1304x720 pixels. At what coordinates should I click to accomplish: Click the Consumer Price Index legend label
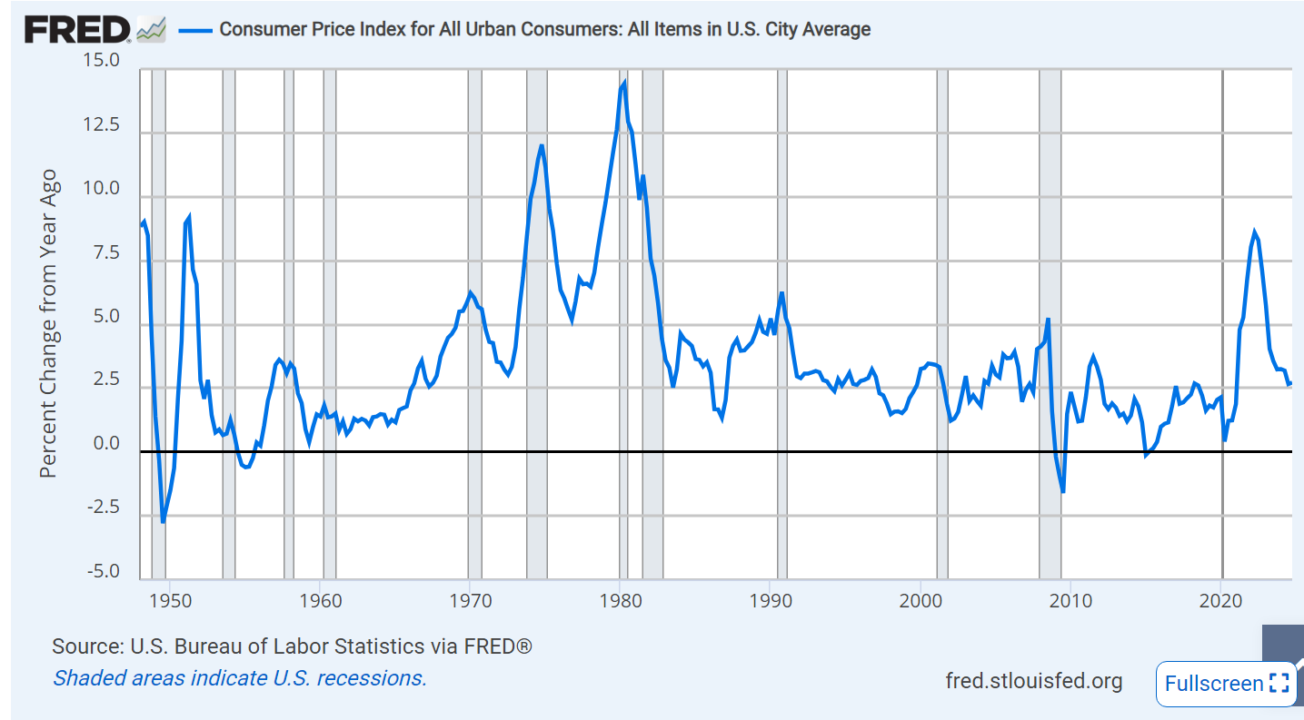(544, 29)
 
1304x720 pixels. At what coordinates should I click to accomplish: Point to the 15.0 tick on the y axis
(102, 61)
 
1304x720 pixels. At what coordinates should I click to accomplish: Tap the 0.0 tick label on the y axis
(105, 444)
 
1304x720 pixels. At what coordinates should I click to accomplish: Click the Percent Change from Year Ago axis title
(49, 323)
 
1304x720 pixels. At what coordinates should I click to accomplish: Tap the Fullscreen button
(1226, 684)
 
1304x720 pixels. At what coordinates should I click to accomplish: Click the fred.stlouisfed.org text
(1033, 681)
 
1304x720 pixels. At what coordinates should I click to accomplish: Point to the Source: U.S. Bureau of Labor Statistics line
(292, 646)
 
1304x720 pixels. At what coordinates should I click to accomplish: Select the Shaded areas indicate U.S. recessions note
(240, 677)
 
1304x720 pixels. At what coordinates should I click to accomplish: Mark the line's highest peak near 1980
(623, 84)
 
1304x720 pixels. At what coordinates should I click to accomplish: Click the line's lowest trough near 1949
(164, 522)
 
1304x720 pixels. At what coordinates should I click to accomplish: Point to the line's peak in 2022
(1254, 232)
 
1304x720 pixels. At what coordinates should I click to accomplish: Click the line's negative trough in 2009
(1062, 492)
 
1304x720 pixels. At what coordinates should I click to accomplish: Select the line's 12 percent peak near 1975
(542, 145)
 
